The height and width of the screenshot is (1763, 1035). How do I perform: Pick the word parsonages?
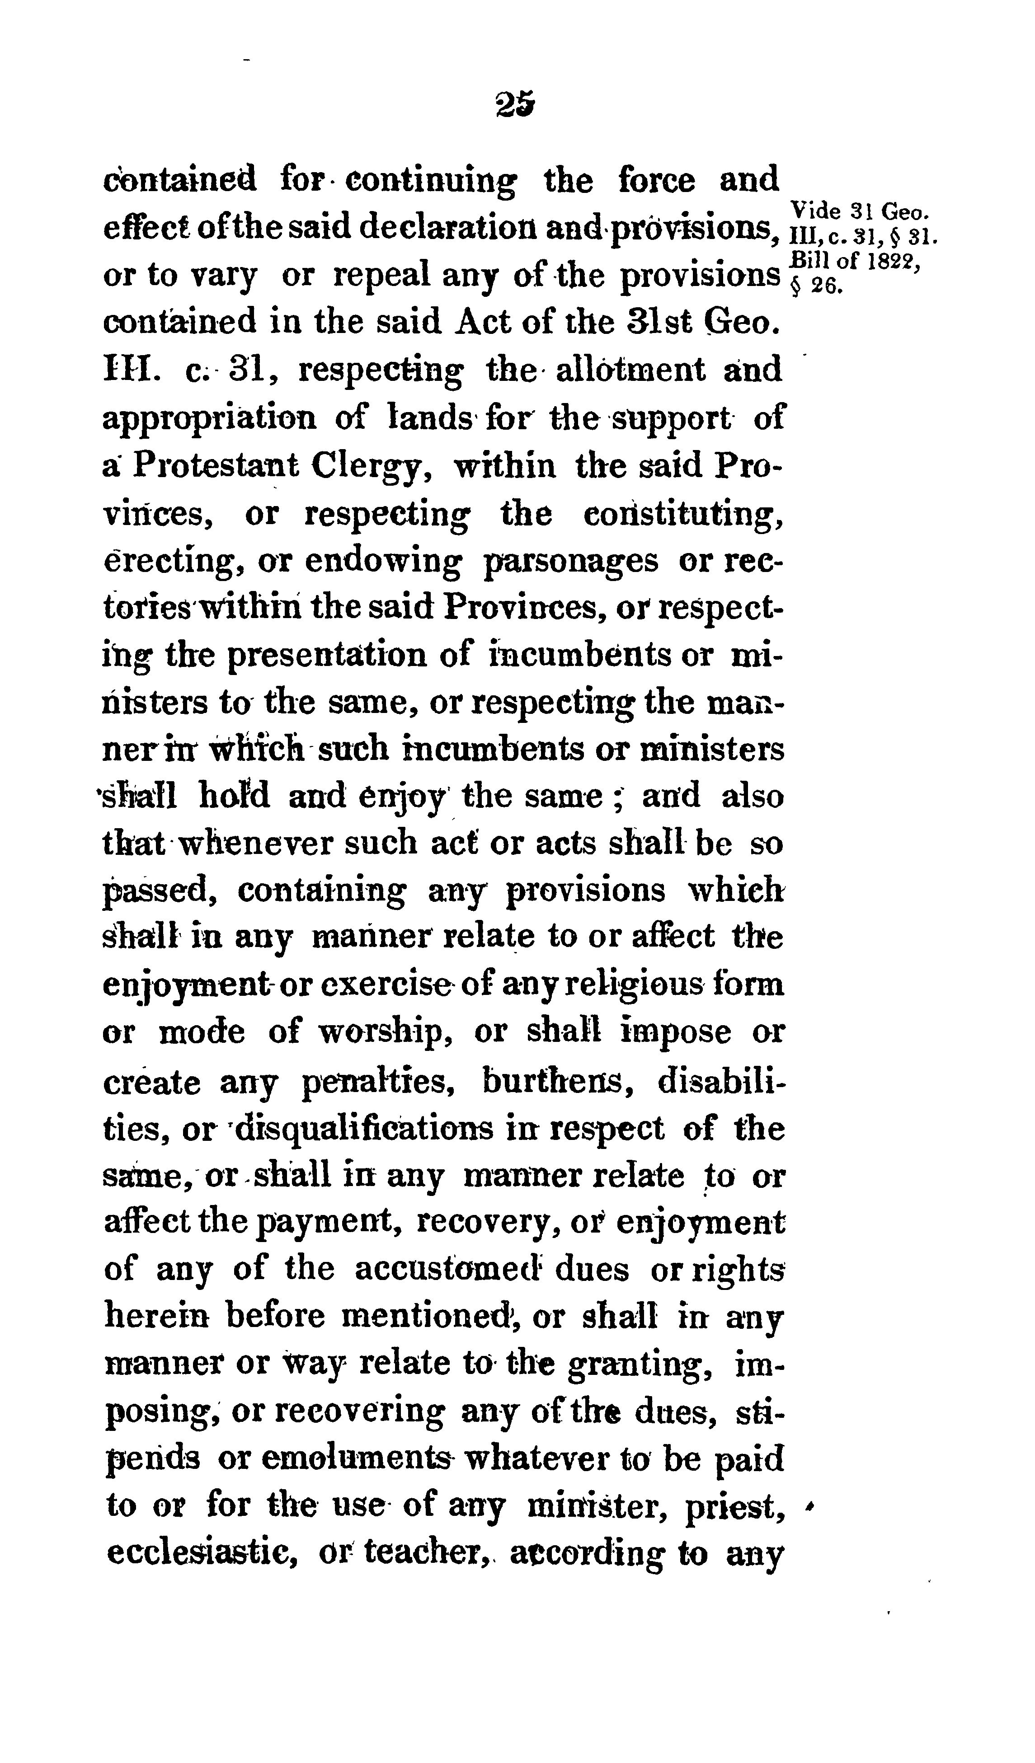pos(571,562)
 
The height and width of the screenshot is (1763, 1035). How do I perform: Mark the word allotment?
pos(630,370)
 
